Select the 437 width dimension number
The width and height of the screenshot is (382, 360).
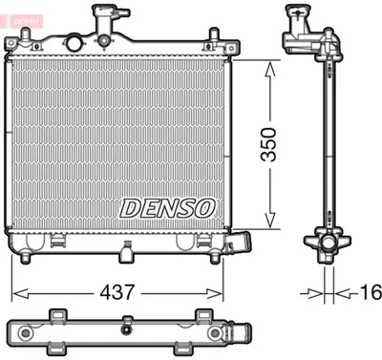pos(117,290)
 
